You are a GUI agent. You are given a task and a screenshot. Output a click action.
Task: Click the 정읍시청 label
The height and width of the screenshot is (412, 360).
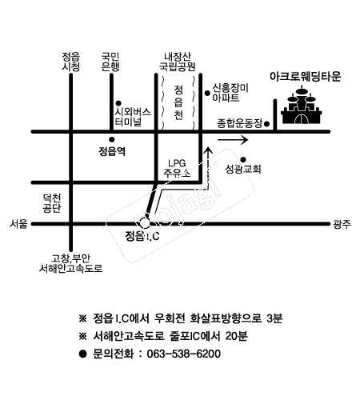(71, 62)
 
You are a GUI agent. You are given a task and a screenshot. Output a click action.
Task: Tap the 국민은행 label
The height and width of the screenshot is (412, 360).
(110, 62)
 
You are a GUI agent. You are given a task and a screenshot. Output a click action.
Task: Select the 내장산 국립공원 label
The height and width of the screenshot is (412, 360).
(178, 62)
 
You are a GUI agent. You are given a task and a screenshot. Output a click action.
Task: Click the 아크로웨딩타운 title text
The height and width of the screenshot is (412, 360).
(306, 77)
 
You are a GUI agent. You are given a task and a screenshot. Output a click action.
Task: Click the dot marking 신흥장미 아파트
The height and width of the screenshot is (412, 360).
(207, 93)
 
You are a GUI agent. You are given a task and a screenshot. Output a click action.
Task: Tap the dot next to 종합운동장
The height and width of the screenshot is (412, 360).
(266, 124)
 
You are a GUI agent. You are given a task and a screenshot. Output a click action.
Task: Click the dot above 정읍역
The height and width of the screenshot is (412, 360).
(112, 139)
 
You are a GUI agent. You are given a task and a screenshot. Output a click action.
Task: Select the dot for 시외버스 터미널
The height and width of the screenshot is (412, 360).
(118, 103)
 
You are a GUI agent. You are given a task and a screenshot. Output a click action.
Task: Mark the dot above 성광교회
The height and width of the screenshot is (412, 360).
(243, 160)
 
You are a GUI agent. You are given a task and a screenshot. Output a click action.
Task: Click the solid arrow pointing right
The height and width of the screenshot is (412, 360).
(233, 140)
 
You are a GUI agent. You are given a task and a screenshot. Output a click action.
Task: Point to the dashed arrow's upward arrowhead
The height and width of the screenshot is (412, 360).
(208, 150)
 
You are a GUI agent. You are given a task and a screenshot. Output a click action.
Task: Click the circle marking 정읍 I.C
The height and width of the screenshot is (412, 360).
(144, 223)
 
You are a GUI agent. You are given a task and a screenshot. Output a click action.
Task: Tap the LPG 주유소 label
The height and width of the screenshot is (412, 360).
(177, 168)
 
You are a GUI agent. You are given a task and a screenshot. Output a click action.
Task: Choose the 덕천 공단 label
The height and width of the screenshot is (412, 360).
(52, 203)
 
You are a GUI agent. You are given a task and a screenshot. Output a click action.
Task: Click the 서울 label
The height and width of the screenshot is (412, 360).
(18, 223)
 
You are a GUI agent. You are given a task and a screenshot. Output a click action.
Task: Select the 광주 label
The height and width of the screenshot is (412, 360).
(342, 224)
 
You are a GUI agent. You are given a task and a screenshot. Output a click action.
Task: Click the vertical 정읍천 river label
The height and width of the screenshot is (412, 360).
(178, 102)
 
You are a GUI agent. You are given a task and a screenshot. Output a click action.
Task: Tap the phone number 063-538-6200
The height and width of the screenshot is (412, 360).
(184, 354)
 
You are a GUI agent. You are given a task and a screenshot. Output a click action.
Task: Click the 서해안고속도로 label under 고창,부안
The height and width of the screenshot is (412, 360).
(71, 268)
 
